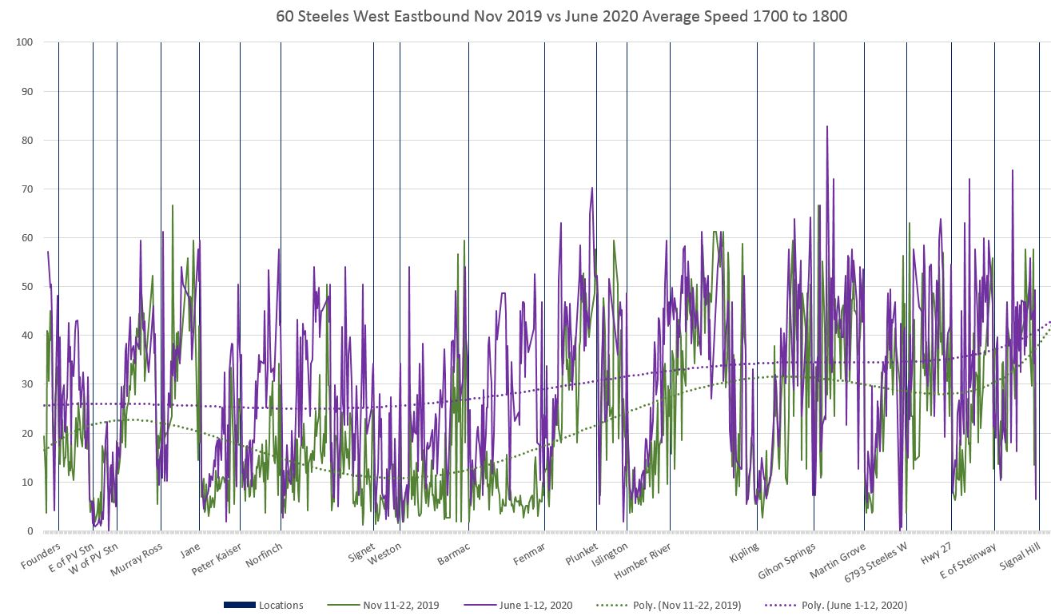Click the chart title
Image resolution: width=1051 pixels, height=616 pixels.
click(562, 16)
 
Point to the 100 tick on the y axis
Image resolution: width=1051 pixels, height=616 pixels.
click(24, 42)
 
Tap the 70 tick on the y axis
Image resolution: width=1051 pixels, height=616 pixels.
click(26, 189)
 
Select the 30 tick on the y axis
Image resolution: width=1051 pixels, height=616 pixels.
click(26, 384)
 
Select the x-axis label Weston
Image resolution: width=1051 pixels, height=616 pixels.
click(385, 553)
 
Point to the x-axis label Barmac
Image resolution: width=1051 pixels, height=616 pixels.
click(454, 554)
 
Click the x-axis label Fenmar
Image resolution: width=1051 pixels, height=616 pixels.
click(529, 554)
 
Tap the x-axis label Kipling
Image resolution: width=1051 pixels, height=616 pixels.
click(744, 554)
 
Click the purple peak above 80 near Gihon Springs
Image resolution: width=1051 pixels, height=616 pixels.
click(827, 127)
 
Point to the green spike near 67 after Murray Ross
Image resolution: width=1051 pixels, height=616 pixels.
click(173, 206)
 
